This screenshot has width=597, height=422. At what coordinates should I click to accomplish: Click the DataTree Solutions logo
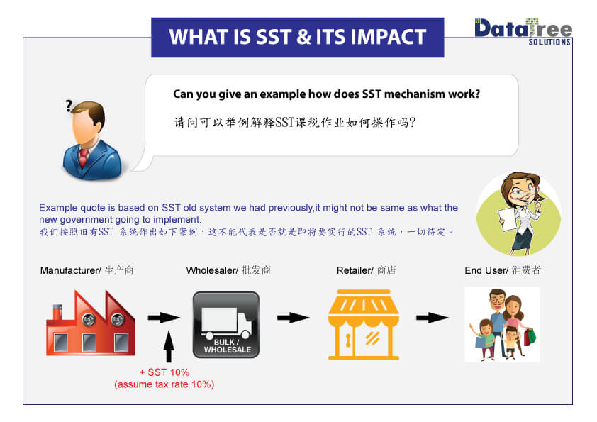click(x=523, y=32)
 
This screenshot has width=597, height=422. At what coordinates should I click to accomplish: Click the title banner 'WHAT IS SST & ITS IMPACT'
click(x=297, y=37)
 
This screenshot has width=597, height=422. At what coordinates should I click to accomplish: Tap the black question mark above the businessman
click(x=69, y=106)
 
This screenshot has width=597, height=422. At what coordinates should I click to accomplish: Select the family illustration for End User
click(x=502, y=324)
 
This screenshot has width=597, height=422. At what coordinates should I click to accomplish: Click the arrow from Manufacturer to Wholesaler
click(x=164, y=318)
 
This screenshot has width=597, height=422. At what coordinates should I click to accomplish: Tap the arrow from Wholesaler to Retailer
click(x=294, y=318)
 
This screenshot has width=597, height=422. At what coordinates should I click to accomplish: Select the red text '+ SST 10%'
click(x=164, y=372)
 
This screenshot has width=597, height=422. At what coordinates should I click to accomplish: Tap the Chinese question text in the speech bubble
click(x=294, y=122)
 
